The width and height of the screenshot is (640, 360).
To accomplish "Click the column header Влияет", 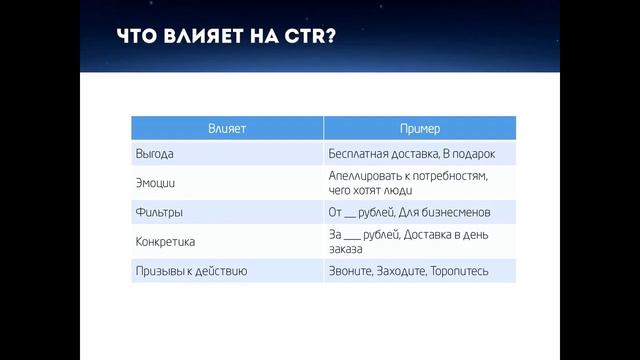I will [227, 129].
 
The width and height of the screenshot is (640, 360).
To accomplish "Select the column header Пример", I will [420, 129].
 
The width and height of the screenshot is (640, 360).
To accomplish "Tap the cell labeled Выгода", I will [155, 155].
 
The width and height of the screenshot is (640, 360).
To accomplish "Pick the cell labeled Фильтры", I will [159, 212].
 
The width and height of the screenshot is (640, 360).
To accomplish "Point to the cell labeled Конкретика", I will [165, 241].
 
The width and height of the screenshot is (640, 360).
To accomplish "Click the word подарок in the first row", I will [473, 155].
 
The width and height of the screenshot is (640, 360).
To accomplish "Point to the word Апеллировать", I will [367, 175].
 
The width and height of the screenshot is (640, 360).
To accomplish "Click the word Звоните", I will [350, 270].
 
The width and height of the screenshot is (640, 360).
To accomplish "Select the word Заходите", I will [404, 270].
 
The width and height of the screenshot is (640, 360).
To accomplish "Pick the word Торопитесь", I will [461, 270].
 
